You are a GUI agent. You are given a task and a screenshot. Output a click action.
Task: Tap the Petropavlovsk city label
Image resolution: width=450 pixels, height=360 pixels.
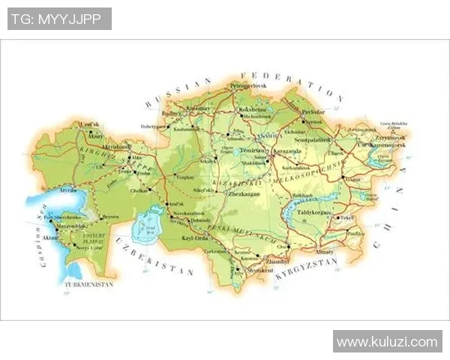point(249,87)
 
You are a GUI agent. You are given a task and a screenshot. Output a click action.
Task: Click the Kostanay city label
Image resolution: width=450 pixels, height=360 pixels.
point(199,109)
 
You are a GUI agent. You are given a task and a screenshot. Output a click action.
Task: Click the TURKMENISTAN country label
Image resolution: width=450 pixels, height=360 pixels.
point(88,286)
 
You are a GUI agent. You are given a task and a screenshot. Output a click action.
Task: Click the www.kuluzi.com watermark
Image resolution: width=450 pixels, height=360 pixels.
point(387,342)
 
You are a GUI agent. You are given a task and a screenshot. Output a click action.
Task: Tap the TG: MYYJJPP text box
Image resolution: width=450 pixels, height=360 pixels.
point(59,19)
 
